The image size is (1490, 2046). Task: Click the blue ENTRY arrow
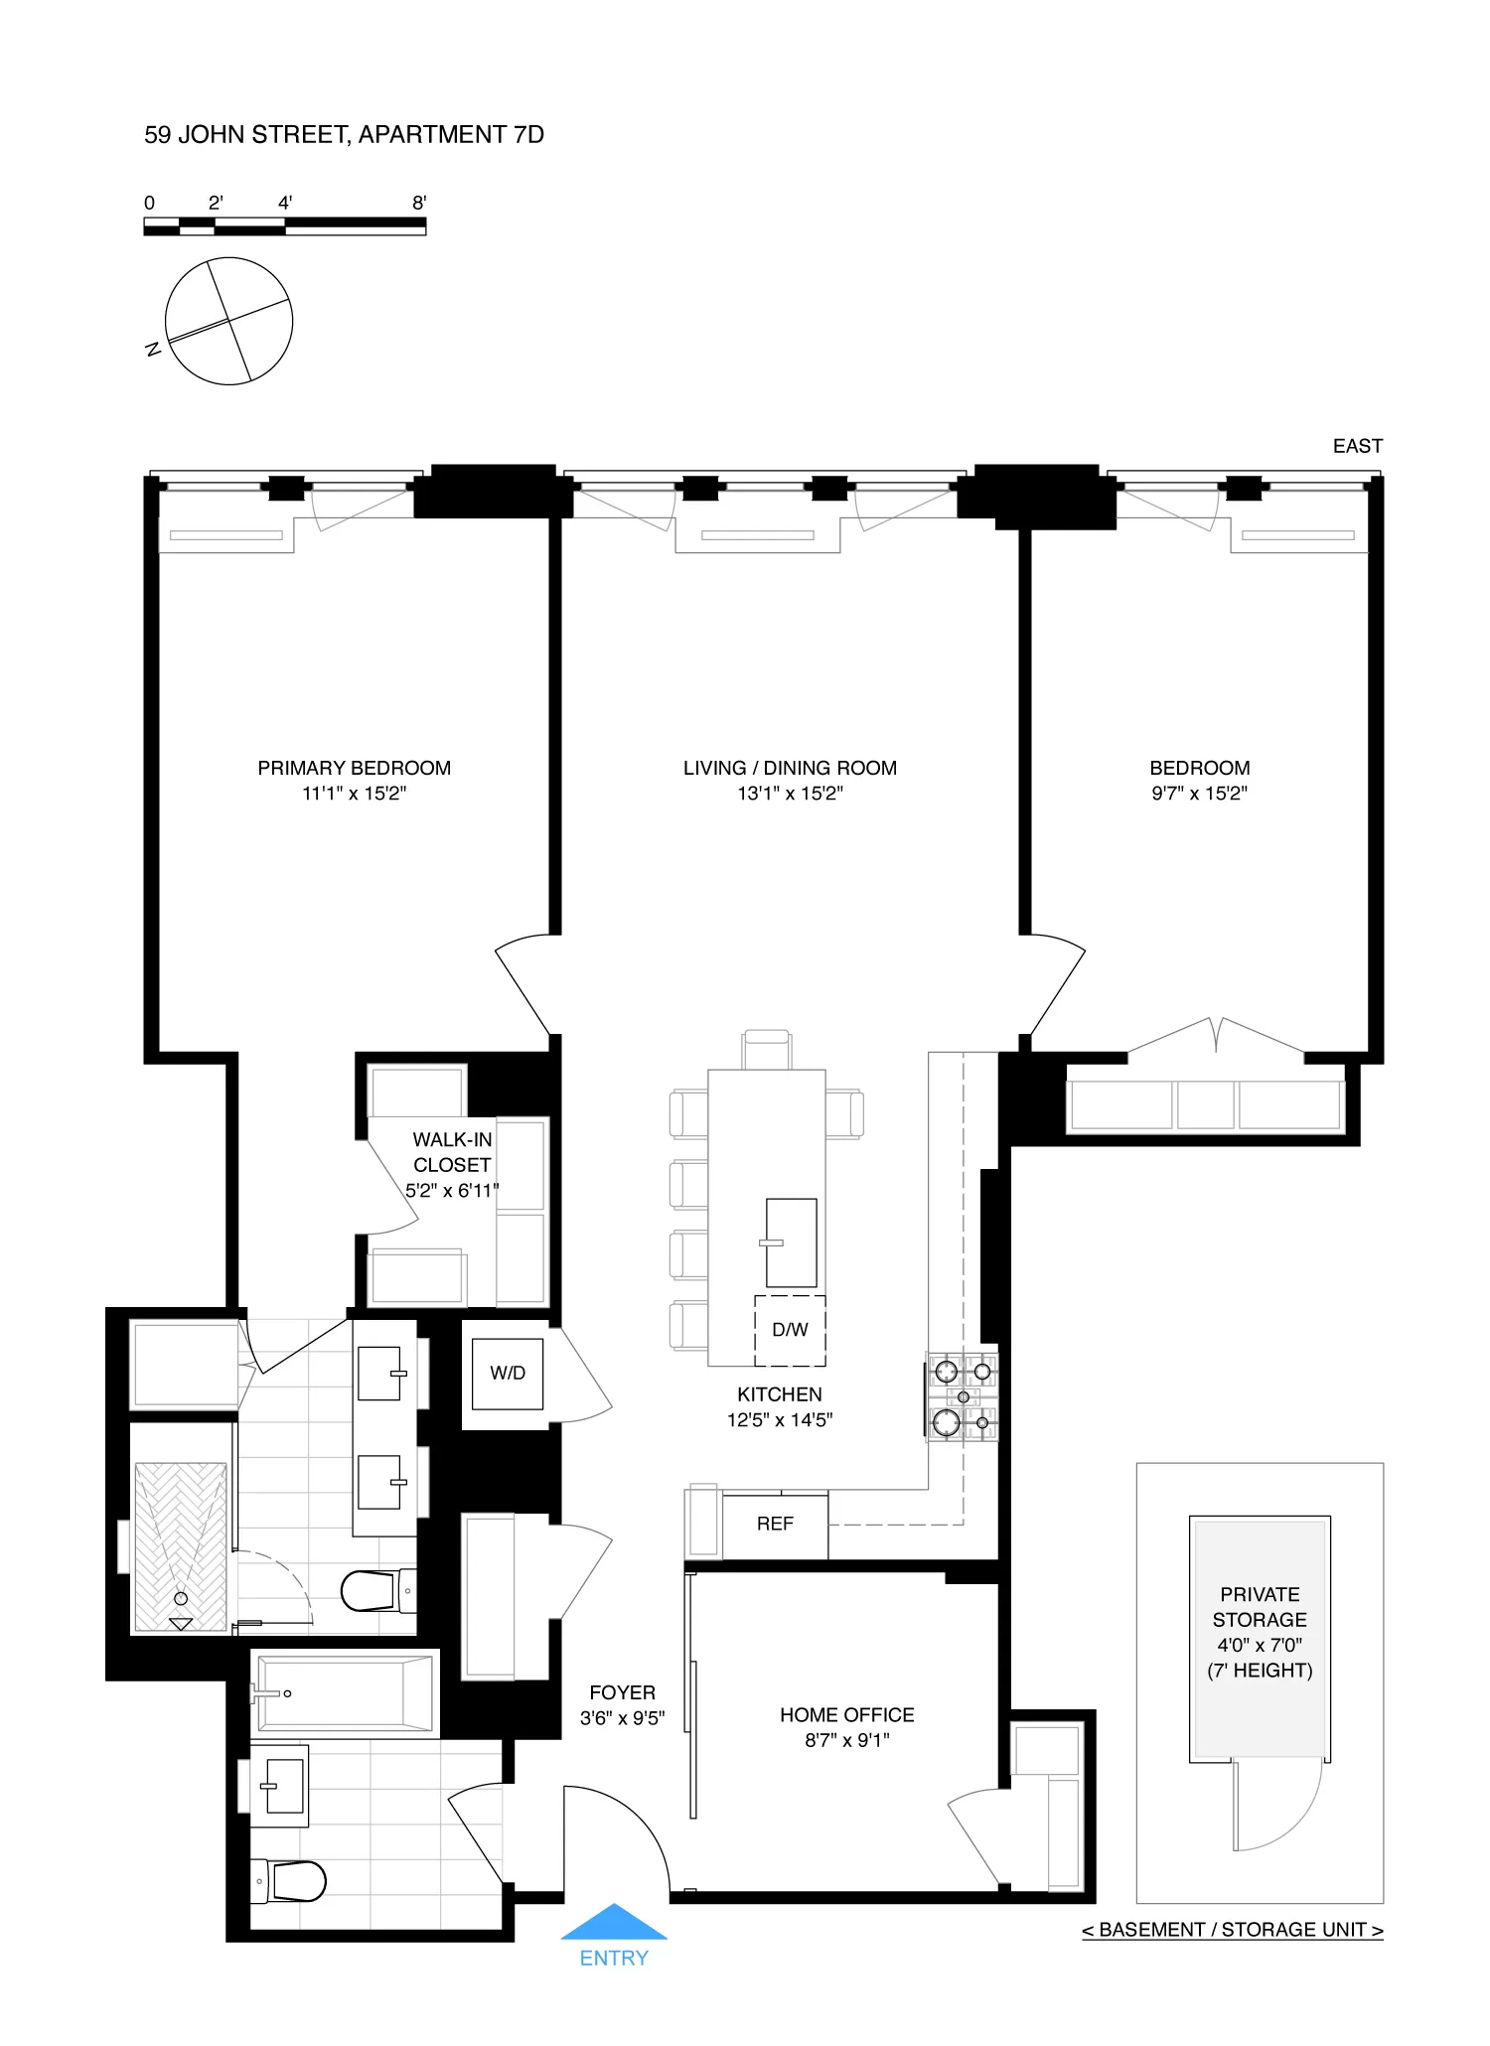coord(614,1923)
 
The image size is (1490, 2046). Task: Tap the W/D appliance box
coord(508,1374)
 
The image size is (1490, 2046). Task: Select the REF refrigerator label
coord(775,1524)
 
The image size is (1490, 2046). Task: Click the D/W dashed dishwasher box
coord(790,1330)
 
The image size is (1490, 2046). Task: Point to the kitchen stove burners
coord(963,1395)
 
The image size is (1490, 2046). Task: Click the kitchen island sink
coord(791,1242)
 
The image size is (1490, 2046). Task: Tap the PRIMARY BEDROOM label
coord(354,768)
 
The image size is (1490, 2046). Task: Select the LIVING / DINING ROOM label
coord(790,768)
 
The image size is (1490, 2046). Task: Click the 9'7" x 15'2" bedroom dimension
coord(1199,794)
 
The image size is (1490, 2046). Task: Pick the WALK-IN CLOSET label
coord(452,1152)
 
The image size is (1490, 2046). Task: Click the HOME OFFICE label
coord(846,1714)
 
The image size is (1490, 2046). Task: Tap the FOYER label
coord(622,1692)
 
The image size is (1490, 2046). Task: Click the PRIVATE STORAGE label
coord(1260,1606)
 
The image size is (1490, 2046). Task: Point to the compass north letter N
coord(153,349)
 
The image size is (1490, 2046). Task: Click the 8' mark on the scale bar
coord(419,203)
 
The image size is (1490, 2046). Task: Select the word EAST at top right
coord(1357,446)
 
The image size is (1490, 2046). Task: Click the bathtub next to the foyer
coord(343,1692)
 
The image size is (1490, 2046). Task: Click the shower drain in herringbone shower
coord(181,1599)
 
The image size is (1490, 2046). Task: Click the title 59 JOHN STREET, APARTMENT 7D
coord(344,134)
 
